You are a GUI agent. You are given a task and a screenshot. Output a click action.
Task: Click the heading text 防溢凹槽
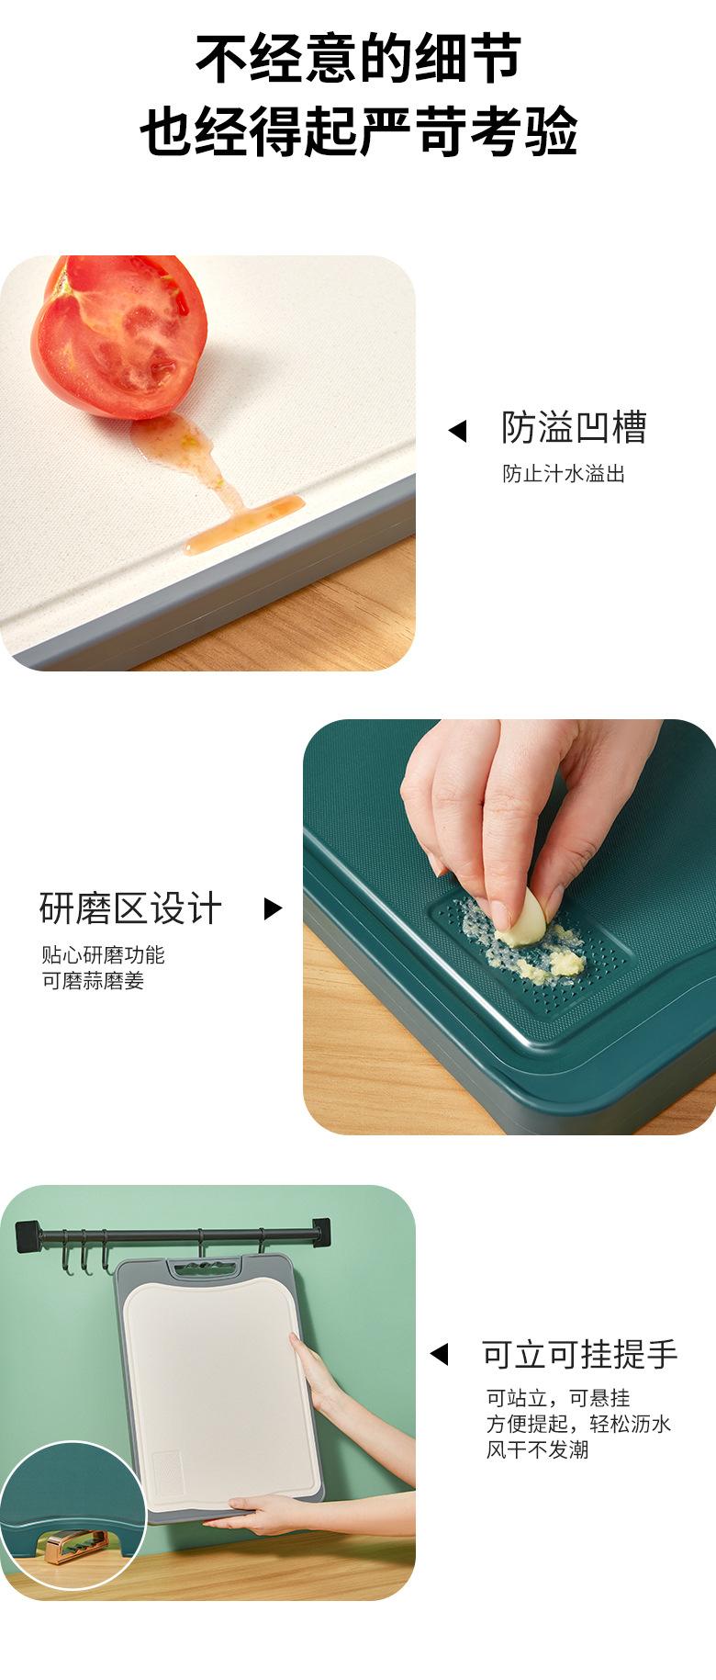[x=574, y=428]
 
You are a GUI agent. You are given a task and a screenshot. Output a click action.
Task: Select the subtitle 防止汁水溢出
[x=563, y=474]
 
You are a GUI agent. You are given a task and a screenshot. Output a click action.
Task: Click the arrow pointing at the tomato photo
[x=457, y=431]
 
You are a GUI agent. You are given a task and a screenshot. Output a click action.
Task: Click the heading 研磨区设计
[x=130, y=908]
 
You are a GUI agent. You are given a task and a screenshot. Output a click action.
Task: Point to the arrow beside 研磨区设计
[x=273, y=908]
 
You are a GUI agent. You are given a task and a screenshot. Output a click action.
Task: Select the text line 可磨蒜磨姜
[x=93, y=981]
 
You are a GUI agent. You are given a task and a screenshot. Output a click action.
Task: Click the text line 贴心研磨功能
[x=103, y=955]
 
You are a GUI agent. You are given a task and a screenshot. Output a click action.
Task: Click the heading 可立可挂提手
[x=579, y=1354]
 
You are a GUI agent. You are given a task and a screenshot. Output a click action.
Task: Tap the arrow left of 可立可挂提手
[x=439, y=1354]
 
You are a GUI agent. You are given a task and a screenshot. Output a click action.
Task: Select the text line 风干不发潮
[x=537, y=1449]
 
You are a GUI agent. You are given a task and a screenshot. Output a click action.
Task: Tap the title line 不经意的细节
[x=358, y=60]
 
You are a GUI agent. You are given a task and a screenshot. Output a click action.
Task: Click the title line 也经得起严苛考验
[x=358, y=131]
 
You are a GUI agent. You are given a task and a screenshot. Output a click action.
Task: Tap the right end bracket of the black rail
[x=320, y=1233]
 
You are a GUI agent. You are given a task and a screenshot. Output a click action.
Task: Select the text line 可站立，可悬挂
[x=557, y=1398]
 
